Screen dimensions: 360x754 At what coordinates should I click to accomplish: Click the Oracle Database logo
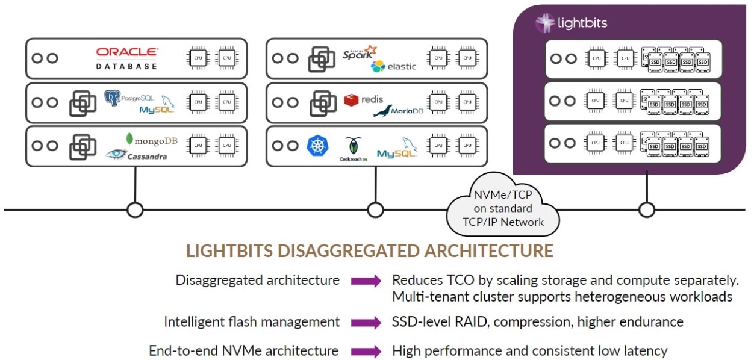[127, 58]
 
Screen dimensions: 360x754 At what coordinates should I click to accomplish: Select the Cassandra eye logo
[116, 155]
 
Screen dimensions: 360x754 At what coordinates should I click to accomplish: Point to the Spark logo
[359, 53]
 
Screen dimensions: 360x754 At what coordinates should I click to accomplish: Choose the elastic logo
[394, 66]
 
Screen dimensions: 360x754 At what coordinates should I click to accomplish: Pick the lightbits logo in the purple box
[572, 23]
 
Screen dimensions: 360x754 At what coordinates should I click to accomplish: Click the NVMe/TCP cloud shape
[503, 208]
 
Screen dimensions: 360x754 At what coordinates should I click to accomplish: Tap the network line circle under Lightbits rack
[647, 209]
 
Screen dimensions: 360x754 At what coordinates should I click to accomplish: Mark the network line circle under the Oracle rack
[135, 209]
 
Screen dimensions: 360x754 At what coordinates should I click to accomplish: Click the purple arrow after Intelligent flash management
[366, 323]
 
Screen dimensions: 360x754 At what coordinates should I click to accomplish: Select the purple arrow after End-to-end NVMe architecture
[366, 351]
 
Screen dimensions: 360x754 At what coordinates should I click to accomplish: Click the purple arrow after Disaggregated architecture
[366, 281]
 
